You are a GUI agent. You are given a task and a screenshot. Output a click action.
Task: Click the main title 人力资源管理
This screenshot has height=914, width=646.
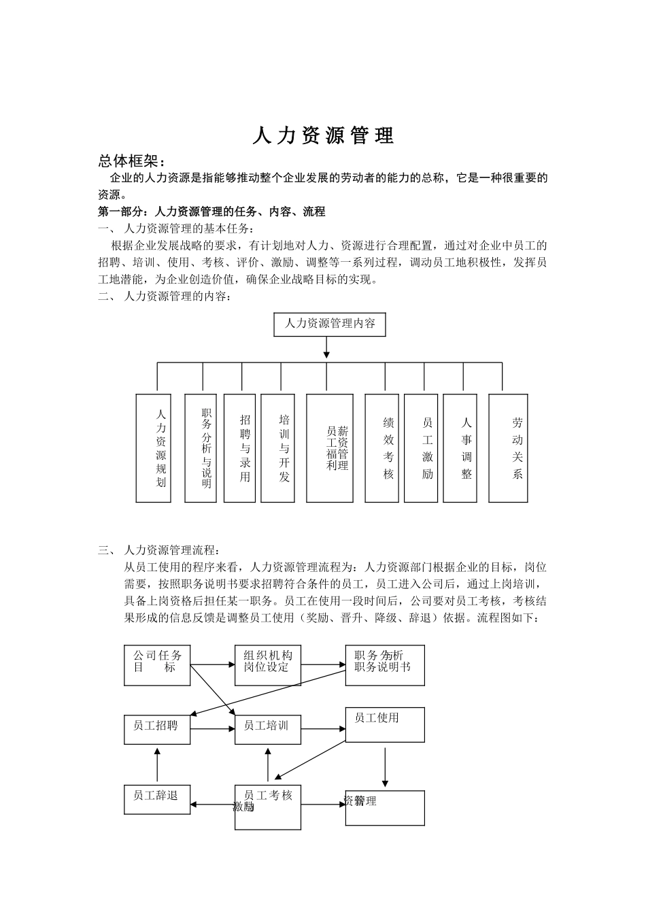click(x=323, y=136)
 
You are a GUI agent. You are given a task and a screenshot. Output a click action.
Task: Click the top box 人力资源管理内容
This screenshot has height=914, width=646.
click(x=330, y=324)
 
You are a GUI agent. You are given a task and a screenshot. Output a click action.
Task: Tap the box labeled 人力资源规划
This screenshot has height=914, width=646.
click(x=154, y=448)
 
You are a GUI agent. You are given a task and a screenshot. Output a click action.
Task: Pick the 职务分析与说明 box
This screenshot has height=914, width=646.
click(x=201, y=448)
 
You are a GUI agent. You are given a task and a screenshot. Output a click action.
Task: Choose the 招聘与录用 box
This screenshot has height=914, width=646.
click(x=239, y=448)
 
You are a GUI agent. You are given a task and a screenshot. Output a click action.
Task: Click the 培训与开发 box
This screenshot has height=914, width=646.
click(x=278, y=448)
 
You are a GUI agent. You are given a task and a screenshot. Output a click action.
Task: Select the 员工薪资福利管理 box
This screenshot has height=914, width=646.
click(x=330, y=448)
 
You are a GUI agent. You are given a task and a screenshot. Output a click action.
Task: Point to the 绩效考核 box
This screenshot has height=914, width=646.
click(x=382, y=448)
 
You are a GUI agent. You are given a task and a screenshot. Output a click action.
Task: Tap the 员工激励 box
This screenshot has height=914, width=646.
click(x=421, y=448)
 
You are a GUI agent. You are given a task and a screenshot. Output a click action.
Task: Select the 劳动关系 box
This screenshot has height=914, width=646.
click(x=508, y=448)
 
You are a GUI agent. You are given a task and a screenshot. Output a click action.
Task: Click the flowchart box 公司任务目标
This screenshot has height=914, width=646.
click(x=157, y=665)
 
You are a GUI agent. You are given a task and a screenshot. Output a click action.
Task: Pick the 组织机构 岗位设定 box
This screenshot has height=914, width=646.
click(x=268, y=665)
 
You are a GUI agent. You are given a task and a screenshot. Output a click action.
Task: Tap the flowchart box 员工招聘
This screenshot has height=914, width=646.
click(x=157, y=729)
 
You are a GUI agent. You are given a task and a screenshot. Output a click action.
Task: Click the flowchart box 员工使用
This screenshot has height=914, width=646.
click(x=385, y=724)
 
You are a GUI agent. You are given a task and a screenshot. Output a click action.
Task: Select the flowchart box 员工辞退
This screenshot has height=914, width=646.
click(x=157, y=799)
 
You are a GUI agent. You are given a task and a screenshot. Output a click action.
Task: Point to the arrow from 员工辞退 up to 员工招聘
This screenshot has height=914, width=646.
click(x=157, y=764)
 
